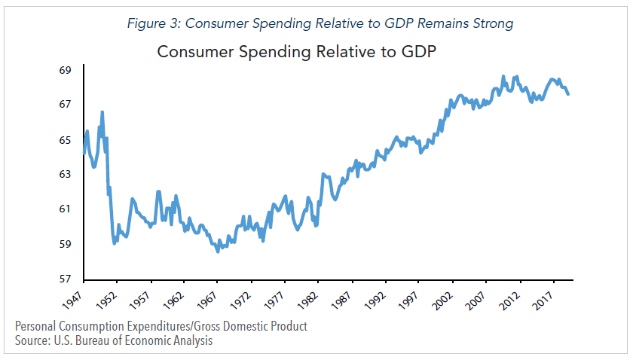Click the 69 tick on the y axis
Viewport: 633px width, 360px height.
(x=65, y=70)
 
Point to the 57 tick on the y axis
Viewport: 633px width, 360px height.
(x=65, y=279)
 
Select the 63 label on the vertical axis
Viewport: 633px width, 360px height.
(x=65, y=174)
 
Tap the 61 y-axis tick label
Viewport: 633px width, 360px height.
(x=65, y=209)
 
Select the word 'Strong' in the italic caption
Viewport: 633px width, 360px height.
(x=489, y=23)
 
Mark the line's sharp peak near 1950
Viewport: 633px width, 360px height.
(x=102, y=112)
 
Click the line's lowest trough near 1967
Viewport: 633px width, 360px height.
(x=218, y=252)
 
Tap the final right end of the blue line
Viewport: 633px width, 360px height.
(x=567, y=93)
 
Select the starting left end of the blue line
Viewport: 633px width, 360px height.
(x=83, y=153)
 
